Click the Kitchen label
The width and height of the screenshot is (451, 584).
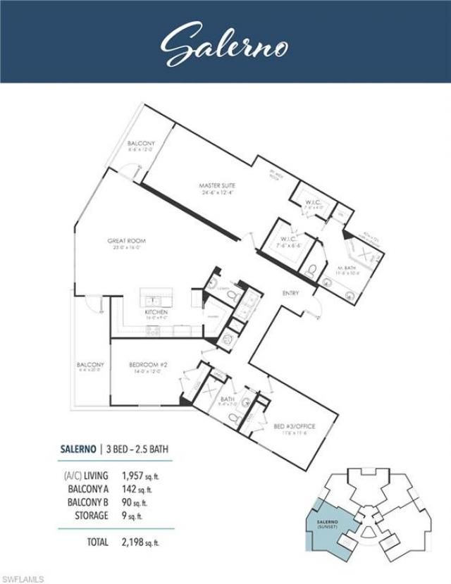coord(156,313)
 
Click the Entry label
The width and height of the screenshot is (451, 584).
coord(290,293)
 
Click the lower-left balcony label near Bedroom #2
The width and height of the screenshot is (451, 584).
coord(90,367)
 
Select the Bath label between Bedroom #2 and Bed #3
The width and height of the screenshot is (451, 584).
coord(228,400)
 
